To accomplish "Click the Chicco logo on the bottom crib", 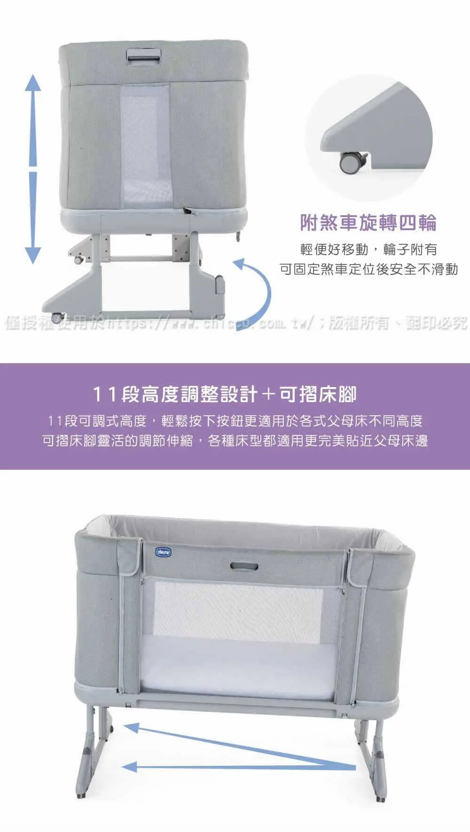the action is [164, 552].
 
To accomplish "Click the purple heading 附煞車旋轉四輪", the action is [368, 222].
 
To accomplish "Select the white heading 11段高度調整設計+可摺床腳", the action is [225, 394].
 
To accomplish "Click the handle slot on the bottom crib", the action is [244, 566].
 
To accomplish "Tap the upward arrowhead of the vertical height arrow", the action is [32, 82].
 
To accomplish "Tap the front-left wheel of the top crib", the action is [57, 318].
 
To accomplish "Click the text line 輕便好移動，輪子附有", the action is [368, 249].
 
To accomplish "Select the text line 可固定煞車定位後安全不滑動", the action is [368, 269].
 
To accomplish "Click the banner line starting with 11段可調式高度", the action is [235, 421].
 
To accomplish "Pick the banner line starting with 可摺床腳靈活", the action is [235, 441].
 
